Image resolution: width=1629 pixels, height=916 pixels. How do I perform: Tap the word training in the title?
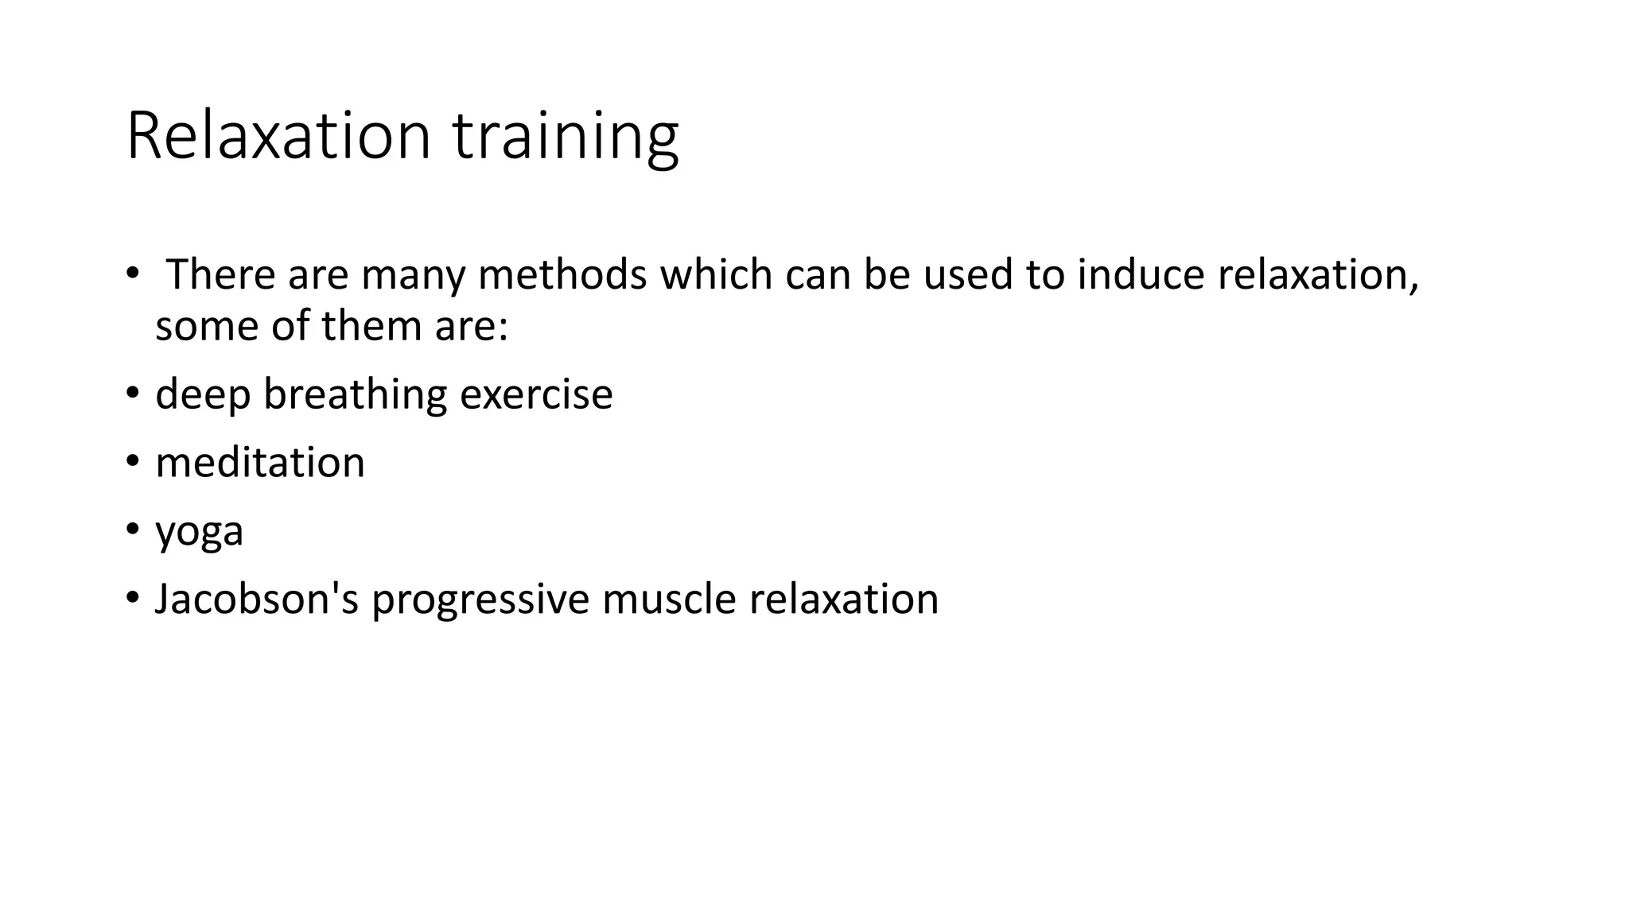coord(566,137)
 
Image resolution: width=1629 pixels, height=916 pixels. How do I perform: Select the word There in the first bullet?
coord(220,274)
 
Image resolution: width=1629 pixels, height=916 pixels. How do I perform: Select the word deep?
coord(203,395)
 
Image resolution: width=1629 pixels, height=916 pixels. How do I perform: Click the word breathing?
coord(356,395)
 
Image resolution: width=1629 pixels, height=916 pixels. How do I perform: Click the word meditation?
coord(260,463)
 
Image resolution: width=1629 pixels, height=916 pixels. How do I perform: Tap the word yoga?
coord(199,532)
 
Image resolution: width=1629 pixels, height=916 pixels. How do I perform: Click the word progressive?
coord(480,600)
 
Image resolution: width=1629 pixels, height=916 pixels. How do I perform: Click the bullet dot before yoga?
coord(132,530)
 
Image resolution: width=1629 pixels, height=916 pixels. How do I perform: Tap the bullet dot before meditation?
coord(132,462)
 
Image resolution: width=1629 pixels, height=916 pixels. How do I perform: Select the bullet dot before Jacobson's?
coord(132,598)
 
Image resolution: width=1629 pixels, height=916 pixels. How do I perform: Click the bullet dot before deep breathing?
coord(132,394)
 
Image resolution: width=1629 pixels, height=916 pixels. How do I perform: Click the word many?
coord(413,274)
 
